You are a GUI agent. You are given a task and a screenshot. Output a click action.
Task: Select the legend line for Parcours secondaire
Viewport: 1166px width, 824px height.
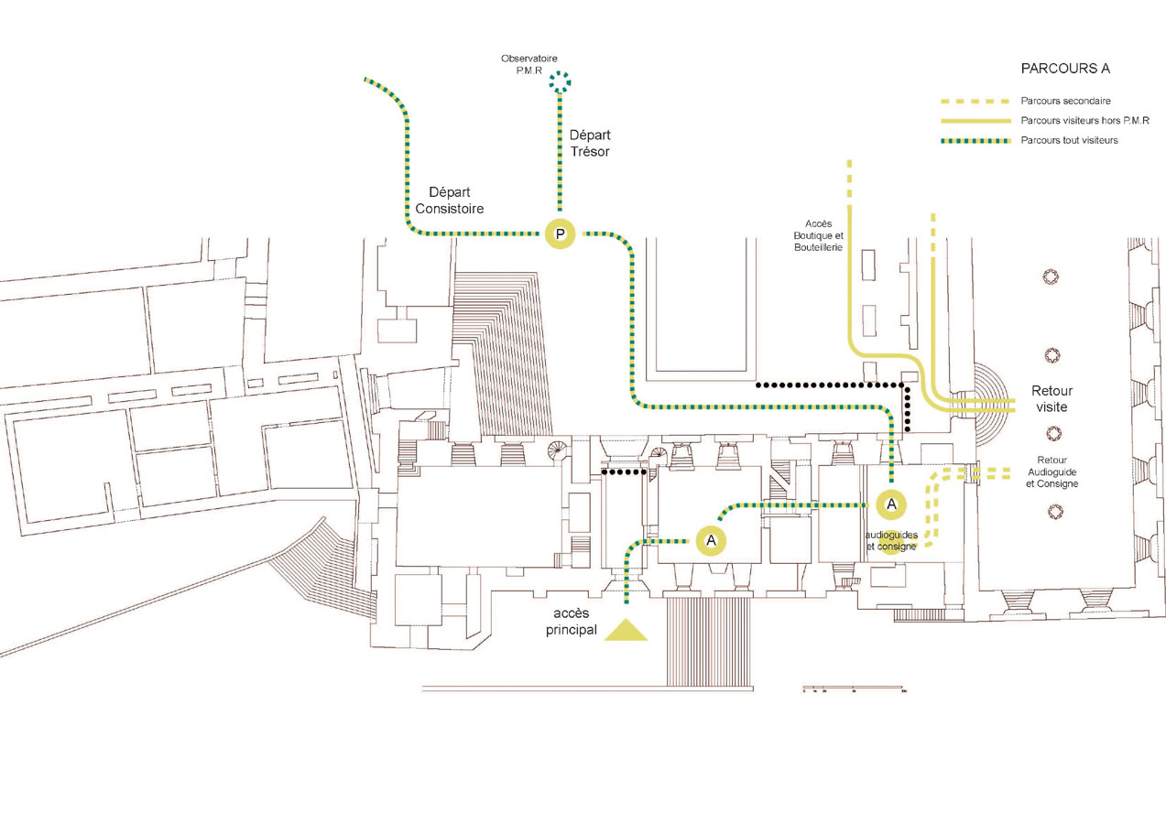[x=974, y=101]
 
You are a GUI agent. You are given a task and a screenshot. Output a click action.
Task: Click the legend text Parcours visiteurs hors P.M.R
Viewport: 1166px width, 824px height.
[x=1085, y=121]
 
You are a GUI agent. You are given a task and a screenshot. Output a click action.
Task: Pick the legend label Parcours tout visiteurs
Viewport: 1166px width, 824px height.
[x=1069, y=140]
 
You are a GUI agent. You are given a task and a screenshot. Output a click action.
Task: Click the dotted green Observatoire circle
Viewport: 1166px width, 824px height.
[x=560, y=81]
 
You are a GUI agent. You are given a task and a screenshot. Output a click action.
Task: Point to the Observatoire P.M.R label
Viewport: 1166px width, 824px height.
[x=529, y=64]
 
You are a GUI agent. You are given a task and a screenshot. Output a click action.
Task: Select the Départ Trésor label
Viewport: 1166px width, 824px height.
[x=589, y=142]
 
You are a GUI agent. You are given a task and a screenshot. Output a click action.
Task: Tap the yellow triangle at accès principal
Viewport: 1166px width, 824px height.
[x=626, y=630]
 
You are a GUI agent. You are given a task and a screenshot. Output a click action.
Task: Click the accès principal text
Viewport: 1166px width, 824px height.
[x=573, y=621]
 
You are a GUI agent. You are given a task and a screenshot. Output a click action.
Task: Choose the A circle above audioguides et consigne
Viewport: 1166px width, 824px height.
[x=891, y=503]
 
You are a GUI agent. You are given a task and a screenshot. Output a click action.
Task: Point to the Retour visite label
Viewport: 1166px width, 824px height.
[x=1051, y=398]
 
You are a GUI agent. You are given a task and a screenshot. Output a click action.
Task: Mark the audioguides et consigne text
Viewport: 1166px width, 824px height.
[x=891, y=540]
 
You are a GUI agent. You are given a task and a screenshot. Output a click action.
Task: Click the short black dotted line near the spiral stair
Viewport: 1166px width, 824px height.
[x=624, y=472]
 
